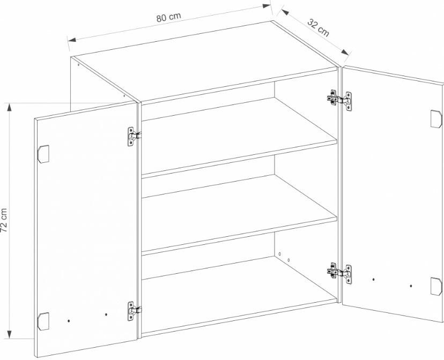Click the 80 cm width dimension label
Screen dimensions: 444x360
click(x=168, y=17)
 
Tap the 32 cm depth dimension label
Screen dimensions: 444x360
click(x=319, y=28)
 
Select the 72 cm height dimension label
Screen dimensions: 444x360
click(x=4, y=220)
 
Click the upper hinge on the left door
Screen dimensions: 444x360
click(x=134, y=136)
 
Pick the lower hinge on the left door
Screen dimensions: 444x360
click(x=134, y=311)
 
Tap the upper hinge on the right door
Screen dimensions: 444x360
click(x=340, y=100)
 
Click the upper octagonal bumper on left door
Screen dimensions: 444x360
click(x=43, y=154)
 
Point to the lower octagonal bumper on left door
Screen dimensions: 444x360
click(x=43, y=321)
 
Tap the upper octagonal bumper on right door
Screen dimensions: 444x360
click(x=436, y=119)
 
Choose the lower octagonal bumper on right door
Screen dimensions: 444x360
click(x=436, y=286)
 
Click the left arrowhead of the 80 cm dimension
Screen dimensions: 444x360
click(x=72, y=39)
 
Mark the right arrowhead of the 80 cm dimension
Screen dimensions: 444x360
click(x=267, y=6)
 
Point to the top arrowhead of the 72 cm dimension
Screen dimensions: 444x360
click(x=10, y=108)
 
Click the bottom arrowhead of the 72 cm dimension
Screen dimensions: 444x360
click(x=10, y=334)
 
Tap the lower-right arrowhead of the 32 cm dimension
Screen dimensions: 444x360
click(x=345, y=52)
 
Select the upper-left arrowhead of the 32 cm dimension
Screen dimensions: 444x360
click(x=285, y=12)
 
